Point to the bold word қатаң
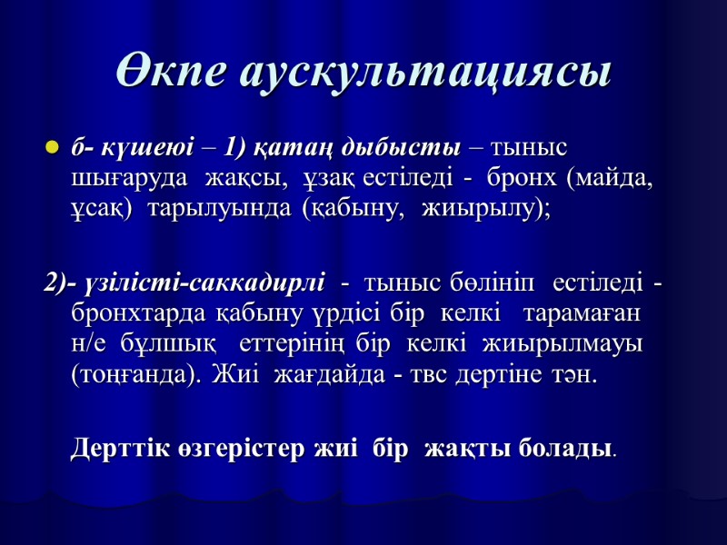click(x=280, y=146)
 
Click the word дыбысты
click(x=399, y=146)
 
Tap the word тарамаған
click(x=582, y=314)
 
